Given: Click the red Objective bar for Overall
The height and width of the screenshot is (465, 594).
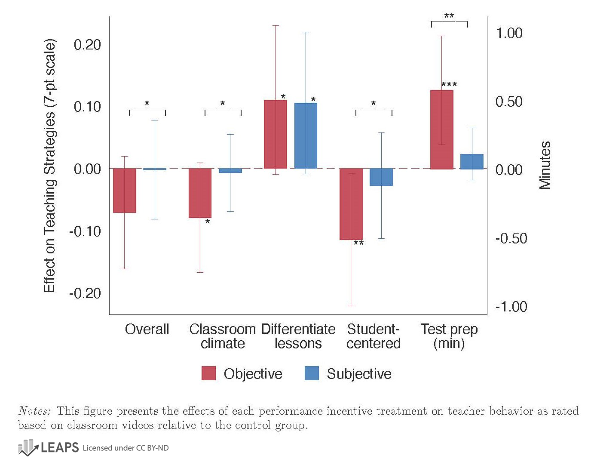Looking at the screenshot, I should [125, 190].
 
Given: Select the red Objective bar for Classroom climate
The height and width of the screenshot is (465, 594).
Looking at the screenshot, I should [200, 193].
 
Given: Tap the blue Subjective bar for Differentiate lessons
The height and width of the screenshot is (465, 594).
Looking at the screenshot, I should [306, 135].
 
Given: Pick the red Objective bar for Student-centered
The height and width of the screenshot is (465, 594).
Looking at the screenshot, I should [351, 204].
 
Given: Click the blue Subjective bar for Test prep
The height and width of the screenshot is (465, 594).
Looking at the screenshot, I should [472, 161].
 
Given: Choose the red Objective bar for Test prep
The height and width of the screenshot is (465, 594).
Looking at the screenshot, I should [442, 129].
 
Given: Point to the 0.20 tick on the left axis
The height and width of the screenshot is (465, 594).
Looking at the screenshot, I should [87, 44].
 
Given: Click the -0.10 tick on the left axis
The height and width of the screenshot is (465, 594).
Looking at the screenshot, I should [85, 231].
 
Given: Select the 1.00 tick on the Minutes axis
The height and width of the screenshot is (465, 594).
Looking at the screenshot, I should [509, 33].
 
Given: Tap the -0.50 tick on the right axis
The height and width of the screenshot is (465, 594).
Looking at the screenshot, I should [511, 238].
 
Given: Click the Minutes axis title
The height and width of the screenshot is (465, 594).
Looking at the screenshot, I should [545, 165].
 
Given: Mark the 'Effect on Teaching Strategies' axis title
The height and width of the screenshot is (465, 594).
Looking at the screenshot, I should [49, 166].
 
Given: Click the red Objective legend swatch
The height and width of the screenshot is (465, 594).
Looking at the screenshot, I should [208, 373].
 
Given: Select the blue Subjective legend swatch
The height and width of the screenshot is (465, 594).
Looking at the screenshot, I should [312, 373].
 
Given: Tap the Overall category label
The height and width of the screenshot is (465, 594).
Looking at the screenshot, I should [147, 329].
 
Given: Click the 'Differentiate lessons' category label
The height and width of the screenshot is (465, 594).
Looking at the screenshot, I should [298, 336].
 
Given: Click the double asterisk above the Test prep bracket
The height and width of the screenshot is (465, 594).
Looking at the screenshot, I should [449, 17].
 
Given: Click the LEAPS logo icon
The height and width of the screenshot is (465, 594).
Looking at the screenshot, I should [28, 447].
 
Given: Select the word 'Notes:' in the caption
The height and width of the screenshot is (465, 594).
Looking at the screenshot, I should [34, 411].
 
